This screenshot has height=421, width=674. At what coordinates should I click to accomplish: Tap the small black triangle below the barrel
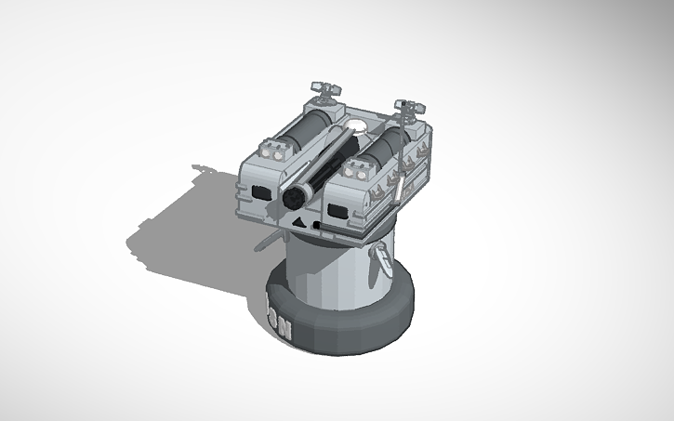coord(298,224)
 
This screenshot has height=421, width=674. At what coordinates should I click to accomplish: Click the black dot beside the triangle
coord(317,225)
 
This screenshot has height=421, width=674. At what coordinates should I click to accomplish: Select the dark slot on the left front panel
coord(258,191)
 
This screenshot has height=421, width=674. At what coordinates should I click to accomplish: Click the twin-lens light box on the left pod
coord(275,151)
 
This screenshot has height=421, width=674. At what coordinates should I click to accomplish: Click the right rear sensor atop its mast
coord(406,106)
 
